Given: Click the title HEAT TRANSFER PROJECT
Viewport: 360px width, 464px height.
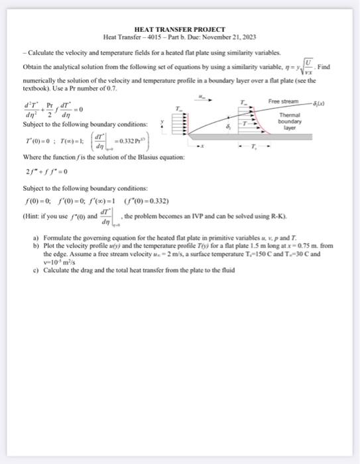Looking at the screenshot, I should (x=180, y=30).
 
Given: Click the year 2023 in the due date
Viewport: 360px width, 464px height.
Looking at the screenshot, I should (x=247, y=37).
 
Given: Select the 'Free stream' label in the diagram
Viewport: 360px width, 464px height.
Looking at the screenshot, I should (x=283, y=102).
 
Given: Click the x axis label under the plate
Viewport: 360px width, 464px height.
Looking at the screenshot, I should (x=204, y=145).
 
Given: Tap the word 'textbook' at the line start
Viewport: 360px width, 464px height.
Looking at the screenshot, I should (x=34, y=87).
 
